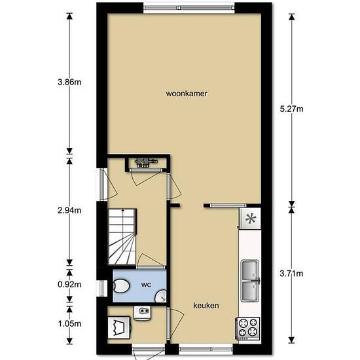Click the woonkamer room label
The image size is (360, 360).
pos(187,94)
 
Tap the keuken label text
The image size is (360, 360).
pos(206,306)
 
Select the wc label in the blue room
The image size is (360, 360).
pos(146,285)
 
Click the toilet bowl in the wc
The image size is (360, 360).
pos(122,286)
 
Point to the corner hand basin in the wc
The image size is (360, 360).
pos(161,297)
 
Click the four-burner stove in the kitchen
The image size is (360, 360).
pos(247,329)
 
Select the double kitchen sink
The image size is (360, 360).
pos(250,281)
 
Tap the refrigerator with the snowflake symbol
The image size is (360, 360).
pos(250,218)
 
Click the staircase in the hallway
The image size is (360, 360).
pos(122,237)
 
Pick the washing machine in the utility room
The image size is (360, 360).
pos(119,328)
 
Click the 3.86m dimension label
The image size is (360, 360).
pos(69,82)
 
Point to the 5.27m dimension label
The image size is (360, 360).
pos(291,109)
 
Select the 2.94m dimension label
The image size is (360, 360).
pos(69,210)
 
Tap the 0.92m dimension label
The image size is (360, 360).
pos(69,285)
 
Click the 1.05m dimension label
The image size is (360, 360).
pos(69,324)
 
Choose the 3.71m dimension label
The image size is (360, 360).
pos(291,273)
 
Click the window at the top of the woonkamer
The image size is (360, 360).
pos(189,8)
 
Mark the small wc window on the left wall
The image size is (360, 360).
pos(102,289)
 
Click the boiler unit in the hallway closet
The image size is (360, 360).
pos(146,162)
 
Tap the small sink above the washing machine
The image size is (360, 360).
pos(142,313)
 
